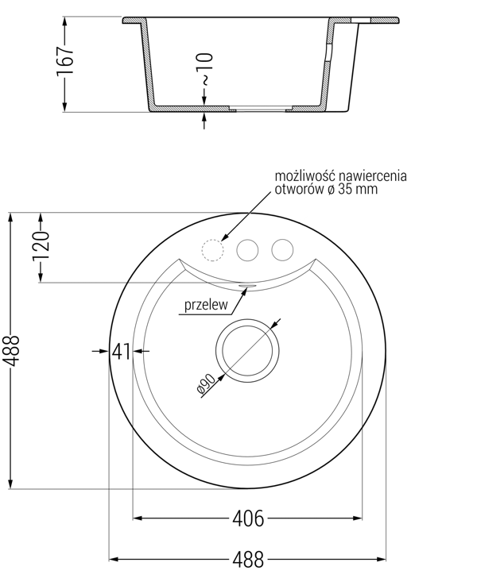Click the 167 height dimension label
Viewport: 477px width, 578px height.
point(65,61)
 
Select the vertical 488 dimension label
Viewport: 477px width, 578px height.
point(11,351)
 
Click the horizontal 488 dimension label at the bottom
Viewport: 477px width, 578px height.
point(248,560)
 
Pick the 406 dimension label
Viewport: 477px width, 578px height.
point(248,518)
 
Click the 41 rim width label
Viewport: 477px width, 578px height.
point(122,351)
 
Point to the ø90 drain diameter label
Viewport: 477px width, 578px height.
point(206,384)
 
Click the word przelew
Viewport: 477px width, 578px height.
point(206,305)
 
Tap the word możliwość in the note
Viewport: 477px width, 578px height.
point(304,175)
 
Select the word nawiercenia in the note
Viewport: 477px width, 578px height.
point(373,175)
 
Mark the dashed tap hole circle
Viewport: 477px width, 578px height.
point(212,250)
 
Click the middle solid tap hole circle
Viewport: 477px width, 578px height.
point(247,250)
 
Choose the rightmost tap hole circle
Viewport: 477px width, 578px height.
point(282,250)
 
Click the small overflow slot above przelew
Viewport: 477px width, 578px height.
point(247,285)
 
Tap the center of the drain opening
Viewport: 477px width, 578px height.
point(247,351)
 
